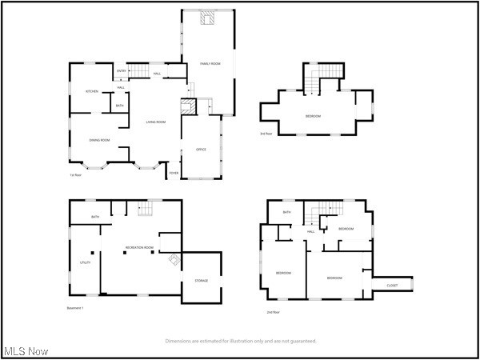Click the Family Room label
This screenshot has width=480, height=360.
tap(210, 62)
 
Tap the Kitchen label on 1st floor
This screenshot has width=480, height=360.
tap(92, 91)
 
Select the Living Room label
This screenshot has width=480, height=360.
tap(155, 122)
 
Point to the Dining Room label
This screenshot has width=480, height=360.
tap(99, 140)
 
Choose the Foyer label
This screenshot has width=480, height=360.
tap(173, 173)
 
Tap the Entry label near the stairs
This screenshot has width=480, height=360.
tap(122, 71)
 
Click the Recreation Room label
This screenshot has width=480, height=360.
tap(138, 248)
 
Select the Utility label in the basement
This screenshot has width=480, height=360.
tap(85, 262)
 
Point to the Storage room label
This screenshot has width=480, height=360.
tap(201, 281)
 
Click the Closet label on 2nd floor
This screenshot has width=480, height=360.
tap(392, 285)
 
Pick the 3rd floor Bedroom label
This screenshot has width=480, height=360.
tap(313, 116)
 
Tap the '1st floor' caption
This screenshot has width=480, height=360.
tap(76, 175)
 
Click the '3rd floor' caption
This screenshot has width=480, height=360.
tap(266, 134)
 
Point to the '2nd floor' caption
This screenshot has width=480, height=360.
tap(274, 312)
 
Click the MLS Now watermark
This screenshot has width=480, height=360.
tap(26, 351)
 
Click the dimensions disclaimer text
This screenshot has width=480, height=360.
tap(240, 341)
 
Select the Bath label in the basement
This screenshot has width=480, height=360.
tap(95, 217)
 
